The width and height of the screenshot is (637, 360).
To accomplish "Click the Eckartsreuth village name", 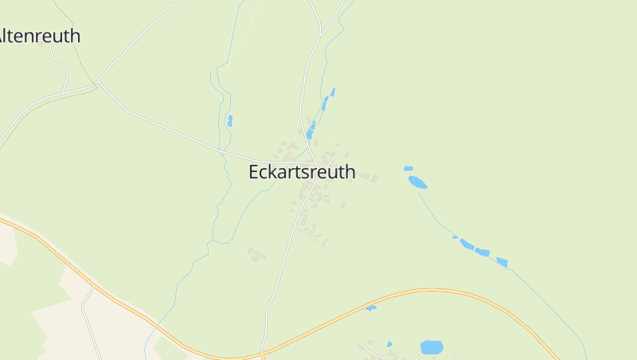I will pos(302,172).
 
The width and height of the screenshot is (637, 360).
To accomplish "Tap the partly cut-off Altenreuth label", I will pos(40,36).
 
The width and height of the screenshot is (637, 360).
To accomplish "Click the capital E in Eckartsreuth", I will pos(255,172).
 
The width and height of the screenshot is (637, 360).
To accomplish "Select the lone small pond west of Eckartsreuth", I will pos(230,121).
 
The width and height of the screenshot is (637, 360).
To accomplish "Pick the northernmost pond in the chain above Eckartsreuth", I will pos(332,92).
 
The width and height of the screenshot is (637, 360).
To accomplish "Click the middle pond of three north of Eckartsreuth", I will pos(324,103).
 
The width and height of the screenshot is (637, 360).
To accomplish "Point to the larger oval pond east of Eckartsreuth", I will pos(417,182).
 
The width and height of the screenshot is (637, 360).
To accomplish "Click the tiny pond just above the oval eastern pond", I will pos(408,168).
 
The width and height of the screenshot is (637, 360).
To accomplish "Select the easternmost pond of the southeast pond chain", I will pos(502,262).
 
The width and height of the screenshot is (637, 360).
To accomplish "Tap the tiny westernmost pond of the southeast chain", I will pos(455,237).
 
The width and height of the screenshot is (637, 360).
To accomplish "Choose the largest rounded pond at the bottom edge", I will pos(431,347).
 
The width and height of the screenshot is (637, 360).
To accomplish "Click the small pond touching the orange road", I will pos(371,307).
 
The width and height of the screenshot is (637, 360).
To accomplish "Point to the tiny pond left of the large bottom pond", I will pos(389,344).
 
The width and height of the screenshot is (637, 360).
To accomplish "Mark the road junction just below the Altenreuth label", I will pos(96,82).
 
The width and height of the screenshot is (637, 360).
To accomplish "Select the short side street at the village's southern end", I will pos(309,233).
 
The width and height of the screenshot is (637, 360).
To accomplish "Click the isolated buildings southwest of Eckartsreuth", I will pos(256,255).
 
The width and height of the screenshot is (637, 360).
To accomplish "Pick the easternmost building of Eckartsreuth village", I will pos(373,179).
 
